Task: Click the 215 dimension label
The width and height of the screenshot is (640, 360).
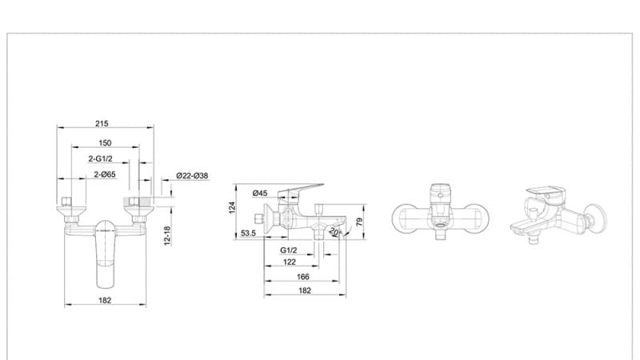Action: coord(102,123)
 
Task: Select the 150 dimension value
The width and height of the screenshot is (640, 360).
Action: coord(105,142)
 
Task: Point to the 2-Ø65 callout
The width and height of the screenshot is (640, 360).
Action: coord(105,174)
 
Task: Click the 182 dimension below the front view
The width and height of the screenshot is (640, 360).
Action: coord(105,300)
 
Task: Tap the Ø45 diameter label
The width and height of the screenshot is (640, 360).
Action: coord(259,194)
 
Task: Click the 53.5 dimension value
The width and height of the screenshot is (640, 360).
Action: coord(248,234)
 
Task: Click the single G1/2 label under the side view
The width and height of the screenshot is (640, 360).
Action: coord(289,250)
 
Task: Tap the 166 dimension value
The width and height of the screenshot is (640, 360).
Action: coord(302,277)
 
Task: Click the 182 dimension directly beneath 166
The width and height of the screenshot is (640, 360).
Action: coord(304,290)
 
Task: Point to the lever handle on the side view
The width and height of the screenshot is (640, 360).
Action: coord(301,189)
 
